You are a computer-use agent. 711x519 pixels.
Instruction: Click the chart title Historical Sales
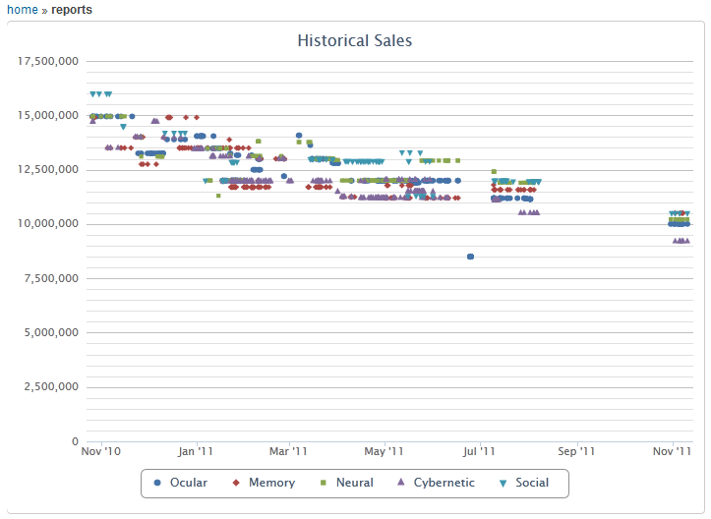(354, 41)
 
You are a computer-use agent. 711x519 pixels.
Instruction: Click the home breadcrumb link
(23, 10)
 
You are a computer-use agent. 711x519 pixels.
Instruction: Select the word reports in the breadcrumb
(72, 10)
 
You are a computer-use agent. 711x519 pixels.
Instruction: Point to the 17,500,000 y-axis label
(48, 62)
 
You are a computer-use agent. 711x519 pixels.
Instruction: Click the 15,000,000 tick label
(48, 116)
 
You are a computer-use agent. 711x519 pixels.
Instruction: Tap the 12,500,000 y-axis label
(48, 170)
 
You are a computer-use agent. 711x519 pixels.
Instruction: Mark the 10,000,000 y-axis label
(48, 224)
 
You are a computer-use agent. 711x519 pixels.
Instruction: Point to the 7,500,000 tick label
(51, 278)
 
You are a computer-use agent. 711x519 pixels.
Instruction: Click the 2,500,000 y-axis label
(51, 387)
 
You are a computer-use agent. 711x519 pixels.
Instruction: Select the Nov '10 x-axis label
(100, 452)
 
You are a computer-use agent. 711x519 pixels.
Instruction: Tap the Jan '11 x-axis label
(195, 452)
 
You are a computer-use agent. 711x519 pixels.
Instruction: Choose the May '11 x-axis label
(384, 452)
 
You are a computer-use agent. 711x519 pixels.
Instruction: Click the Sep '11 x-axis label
(576, 452)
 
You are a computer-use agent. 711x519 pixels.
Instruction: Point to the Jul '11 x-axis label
(479, 452)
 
